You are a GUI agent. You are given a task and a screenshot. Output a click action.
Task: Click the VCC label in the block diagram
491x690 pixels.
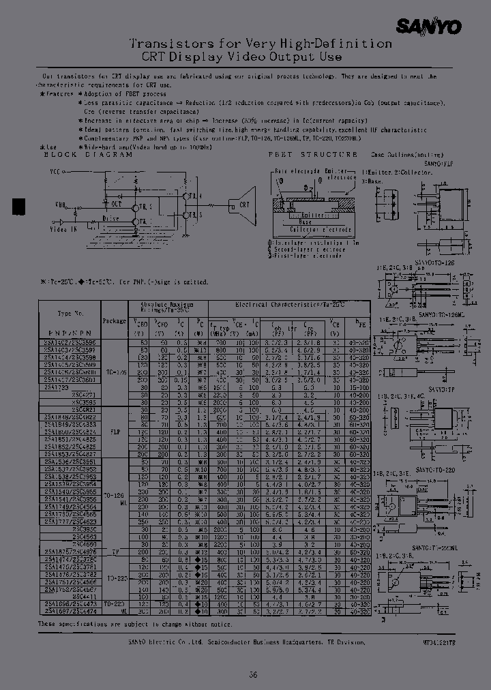(x=55, y=172)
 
